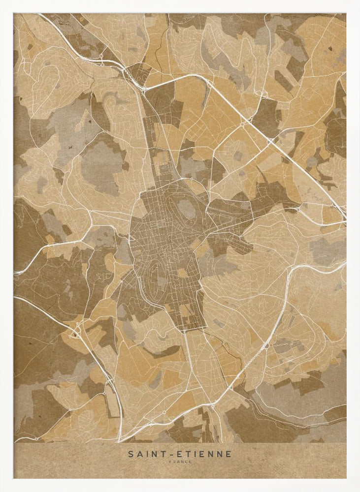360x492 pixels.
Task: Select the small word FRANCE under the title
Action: pos(180,461)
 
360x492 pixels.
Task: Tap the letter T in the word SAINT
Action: pos(161,454)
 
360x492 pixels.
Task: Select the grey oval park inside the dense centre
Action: pos(187,210)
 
